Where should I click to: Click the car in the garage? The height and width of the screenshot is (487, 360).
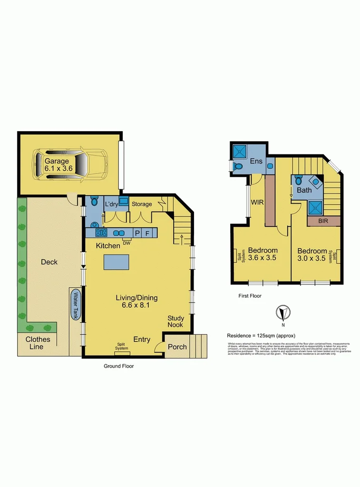click(x=70, y=164)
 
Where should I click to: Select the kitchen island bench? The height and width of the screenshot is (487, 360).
click(x=117, y=262)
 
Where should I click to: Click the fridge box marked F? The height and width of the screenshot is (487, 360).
click(x=148, y=233)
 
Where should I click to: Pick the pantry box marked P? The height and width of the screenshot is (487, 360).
click(x=137, y=233)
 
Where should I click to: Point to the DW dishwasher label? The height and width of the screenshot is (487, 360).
click(x=126, y=243)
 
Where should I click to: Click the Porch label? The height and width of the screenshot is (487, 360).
click(x=177, y=346)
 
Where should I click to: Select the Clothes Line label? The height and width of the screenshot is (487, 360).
click(x=34, y=343)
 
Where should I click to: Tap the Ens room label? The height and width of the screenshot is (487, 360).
click(x=257, y=161)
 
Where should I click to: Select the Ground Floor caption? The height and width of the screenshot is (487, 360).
click(x=119, y=366)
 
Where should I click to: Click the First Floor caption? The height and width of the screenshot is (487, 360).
click(x=250, y=296)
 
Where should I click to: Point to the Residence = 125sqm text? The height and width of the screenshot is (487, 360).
click(x=261, y=335)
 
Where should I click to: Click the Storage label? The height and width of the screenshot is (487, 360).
click(x=142, y=204)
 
